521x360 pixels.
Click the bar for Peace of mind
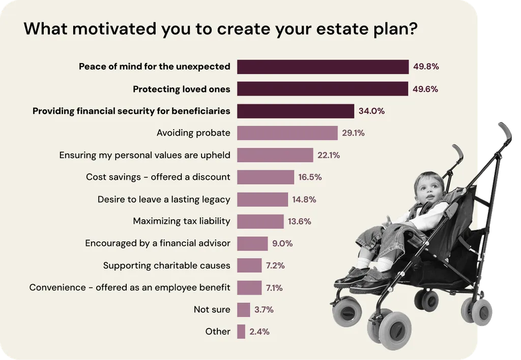[323, 67]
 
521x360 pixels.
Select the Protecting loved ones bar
[323, 89]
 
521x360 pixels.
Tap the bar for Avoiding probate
[287, 133]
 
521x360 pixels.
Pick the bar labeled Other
[241, 332]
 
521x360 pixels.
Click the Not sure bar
[244, 310]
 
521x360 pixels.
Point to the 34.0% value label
[371, 111]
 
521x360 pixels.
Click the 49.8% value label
[426, 67]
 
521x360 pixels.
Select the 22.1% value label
[329, 155]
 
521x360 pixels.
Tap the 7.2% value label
[275, 265]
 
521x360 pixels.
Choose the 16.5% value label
[310, 177]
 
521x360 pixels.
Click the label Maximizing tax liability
[182, 221]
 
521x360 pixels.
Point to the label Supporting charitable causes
[166, 265]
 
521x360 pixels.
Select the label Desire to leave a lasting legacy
[164, 199]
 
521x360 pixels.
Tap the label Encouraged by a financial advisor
[158, 244]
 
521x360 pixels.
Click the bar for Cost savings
[266, 177]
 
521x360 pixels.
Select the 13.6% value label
[300, 221]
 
